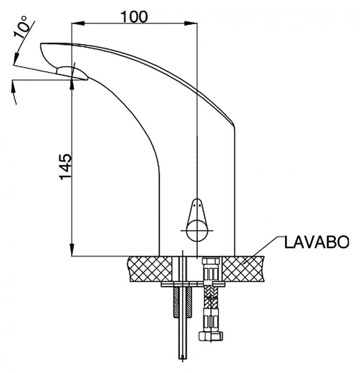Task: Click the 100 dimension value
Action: click(134, 17)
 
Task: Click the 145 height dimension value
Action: click(65, 166)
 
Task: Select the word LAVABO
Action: click(317, 242)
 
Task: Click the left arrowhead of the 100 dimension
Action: click(78, 24)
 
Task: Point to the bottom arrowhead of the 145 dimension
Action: click(72, 250)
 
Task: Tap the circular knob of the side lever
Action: click(197, 230)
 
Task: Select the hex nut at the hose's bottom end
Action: click(211, 337)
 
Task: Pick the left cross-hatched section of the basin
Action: click(150, 269)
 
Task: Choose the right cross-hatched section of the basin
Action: click(243, 269)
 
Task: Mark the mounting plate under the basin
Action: click(193, 284)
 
